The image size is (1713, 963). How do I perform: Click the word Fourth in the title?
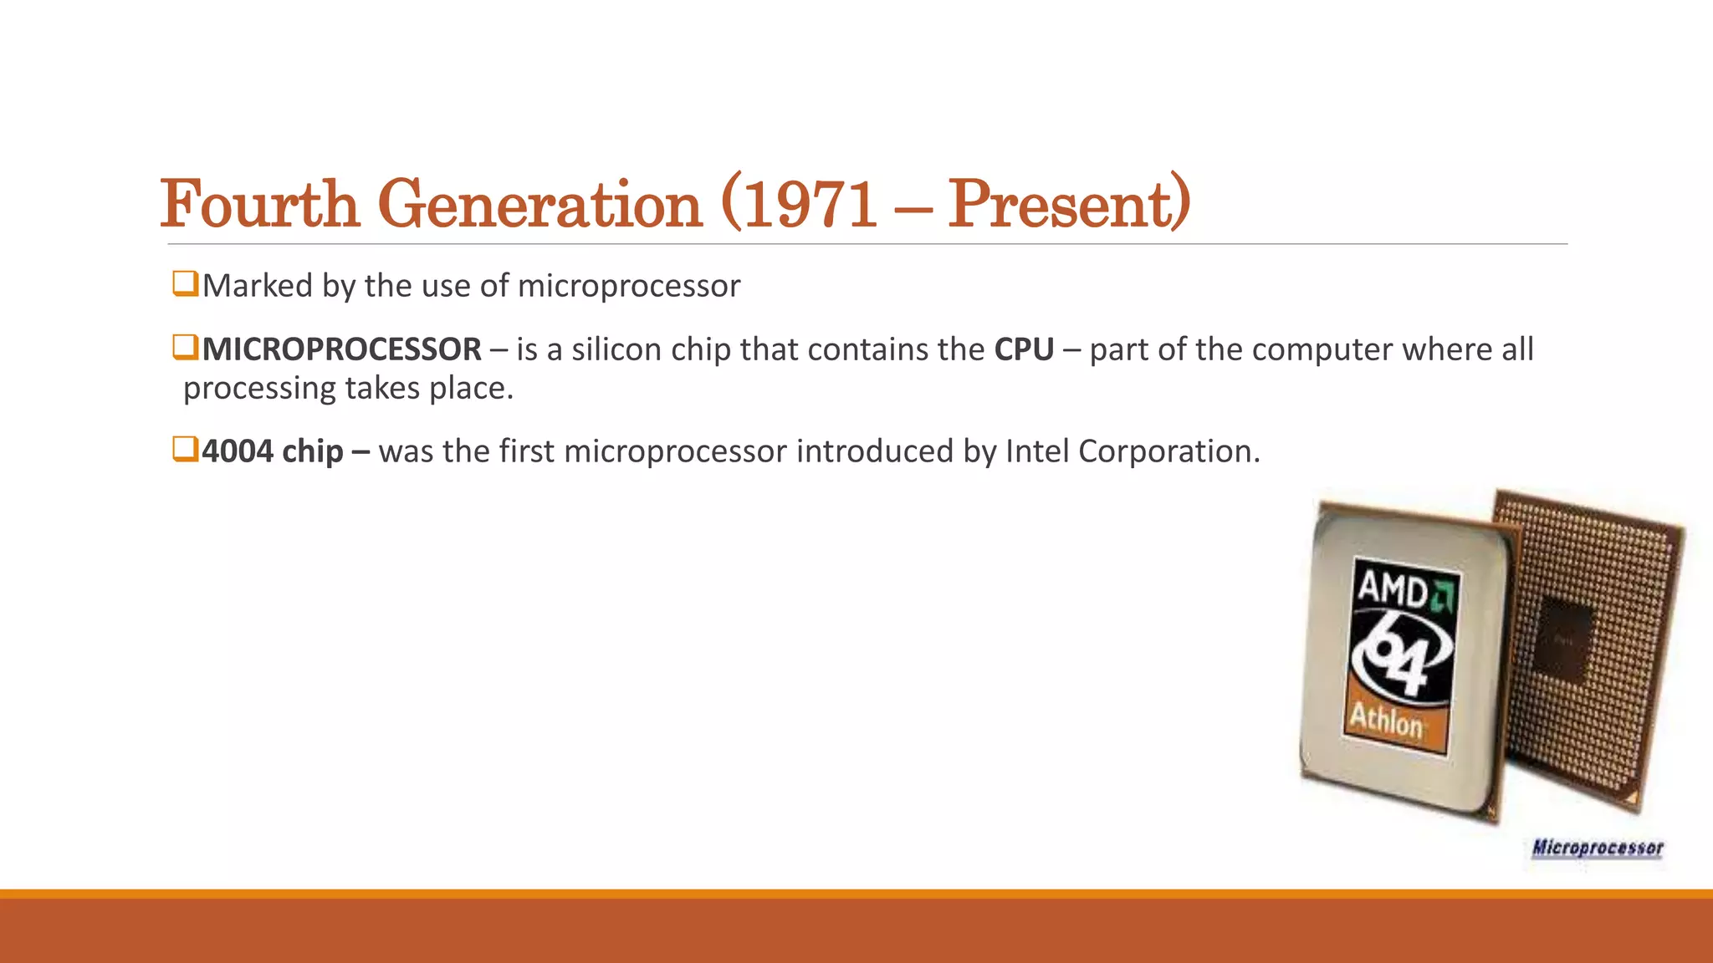(260, 204)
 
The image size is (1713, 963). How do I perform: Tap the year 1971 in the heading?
(810, 204)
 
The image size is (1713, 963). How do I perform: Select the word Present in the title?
(1061, 204)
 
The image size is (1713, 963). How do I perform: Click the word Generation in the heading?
(540, 204)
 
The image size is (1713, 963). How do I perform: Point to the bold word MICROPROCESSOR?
(341, 349)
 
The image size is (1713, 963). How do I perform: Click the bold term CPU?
(1024, 349)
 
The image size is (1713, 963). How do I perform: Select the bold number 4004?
(238, 451)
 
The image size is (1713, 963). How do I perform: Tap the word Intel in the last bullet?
(1037, 451)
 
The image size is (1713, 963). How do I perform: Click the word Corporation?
(1168, 451)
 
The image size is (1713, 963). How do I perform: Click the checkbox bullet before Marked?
(184, 283)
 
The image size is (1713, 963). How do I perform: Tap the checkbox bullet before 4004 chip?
(184, 449)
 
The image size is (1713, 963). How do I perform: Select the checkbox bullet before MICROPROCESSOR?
(184, 347)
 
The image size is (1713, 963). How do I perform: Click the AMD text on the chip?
(1392, 588)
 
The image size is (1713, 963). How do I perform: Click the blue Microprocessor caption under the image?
(1598, 848)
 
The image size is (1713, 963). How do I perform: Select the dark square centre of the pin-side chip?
(1562, 639)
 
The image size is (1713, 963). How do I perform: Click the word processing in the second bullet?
(259, 389)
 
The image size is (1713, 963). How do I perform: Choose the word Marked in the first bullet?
(257, 286)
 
